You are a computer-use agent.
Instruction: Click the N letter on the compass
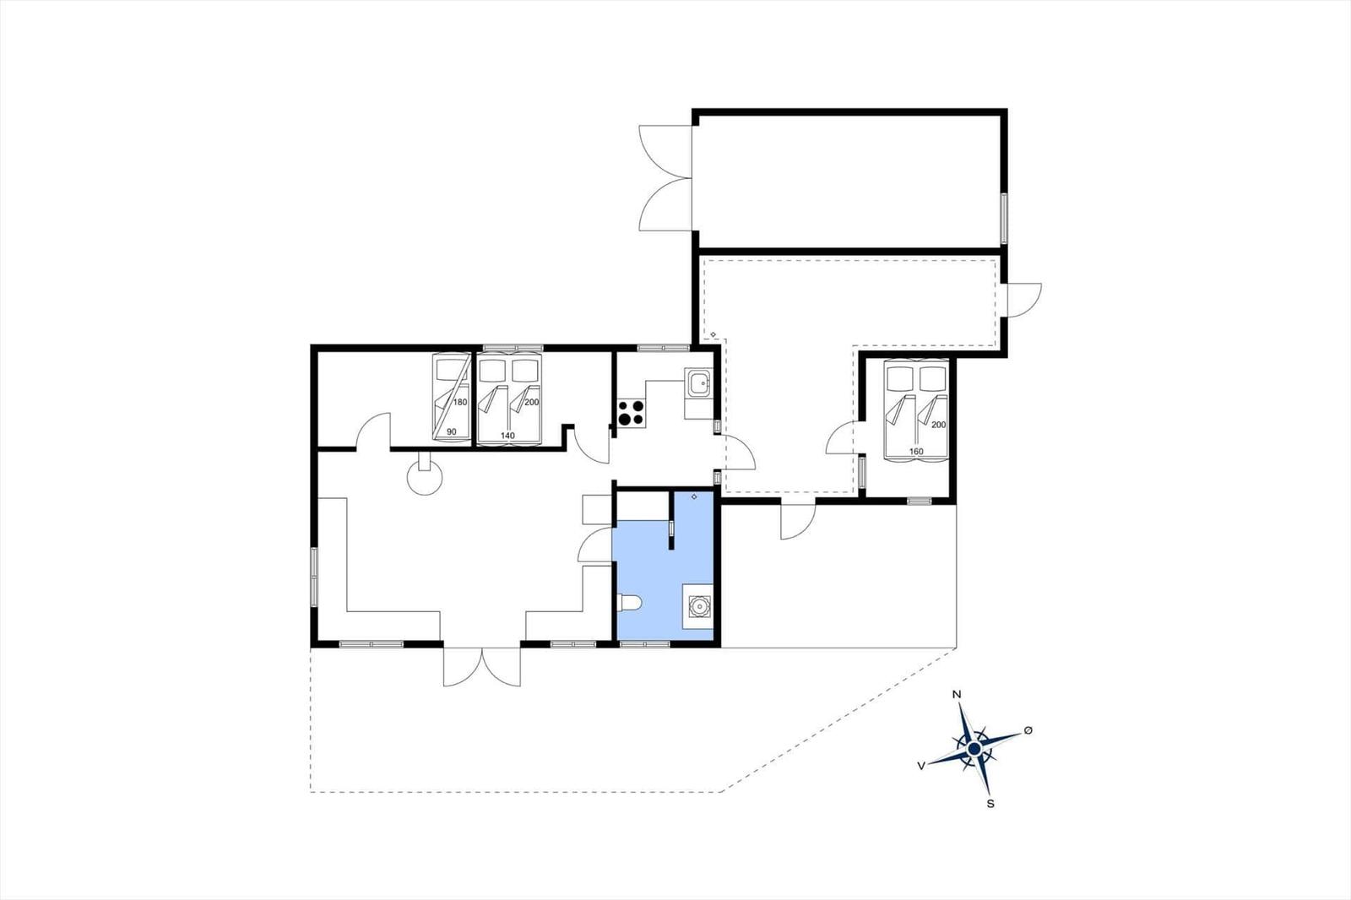point(957,695)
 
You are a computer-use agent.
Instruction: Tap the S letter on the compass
point(990,804)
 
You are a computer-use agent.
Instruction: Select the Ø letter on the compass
point(1028,729)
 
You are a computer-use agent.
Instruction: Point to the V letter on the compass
point(920,765)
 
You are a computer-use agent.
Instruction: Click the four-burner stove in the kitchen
point(630,414)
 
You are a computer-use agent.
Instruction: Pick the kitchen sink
point(698,385)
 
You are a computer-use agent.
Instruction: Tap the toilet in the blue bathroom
point(630,602)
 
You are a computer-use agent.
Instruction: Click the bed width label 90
point(451,432)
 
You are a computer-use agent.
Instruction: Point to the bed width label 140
point(507,436)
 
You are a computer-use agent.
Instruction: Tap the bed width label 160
point(916,452)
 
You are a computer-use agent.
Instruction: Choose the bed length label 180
point(459,402)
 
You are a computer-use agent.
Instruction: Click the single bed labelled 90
point(452,397)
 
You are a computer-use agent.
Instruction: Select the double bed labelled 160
point(916,411)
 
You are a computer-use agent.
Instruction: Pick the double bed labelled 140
point(508,398)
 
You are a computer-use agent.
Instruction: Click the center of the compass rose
point(974,748)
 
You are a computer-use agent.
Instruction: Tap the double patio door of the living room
point(481,667)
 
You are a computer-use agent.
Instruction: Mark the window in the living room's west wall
point(314,576)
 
